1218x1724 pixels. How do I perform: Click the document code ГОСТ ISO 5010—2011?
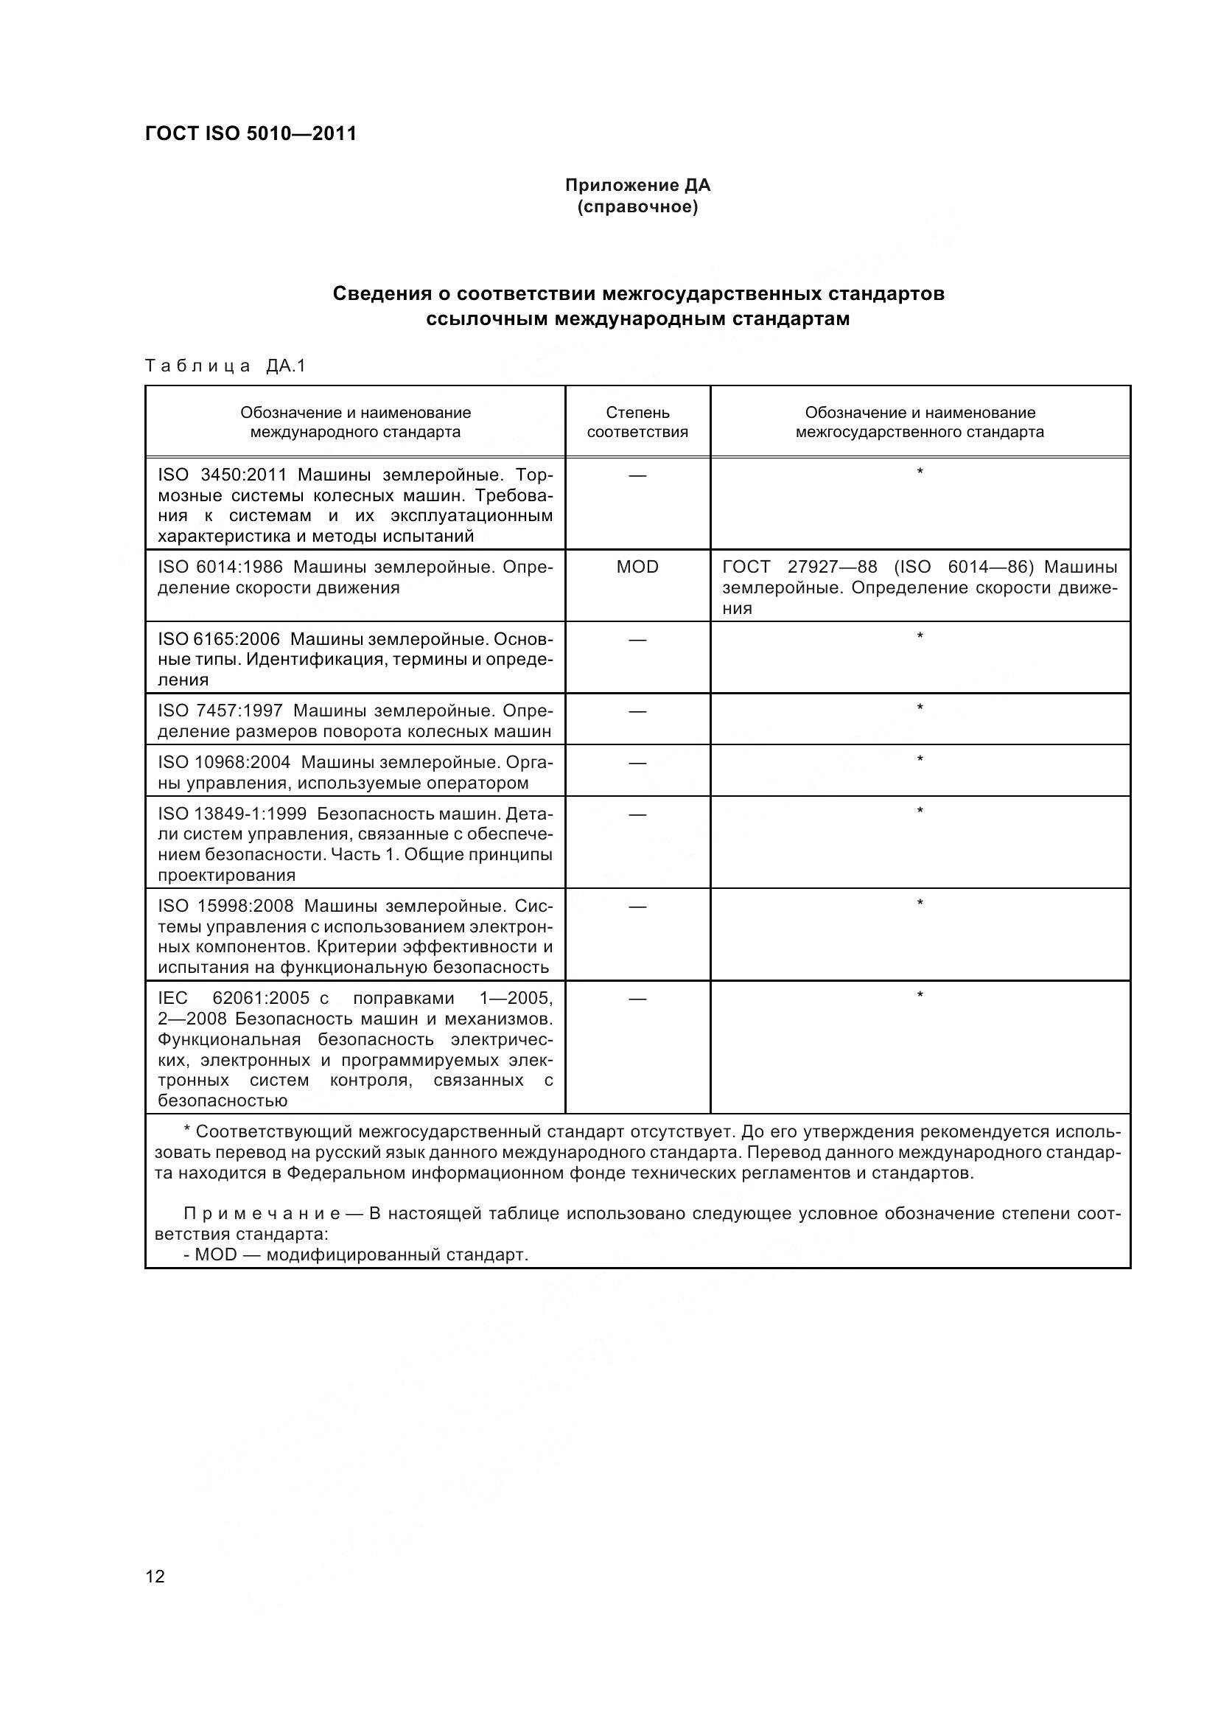251,134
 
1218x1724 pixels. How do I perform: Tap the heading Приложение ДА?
637,185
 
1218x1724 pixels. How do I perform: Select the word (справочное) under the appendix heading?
637,207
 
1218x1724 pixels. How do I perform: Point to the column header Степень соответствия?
637,422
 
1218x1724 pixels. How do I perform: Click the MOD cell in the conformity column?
637,567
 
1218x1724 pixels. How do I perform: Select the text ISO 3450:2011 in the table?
223,475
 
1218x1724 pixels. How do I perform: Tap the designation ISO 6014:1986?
220,567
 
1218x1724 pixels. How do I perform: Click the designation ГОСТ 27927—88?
799,567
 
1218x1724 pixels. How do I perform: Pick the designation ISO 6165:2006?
218,639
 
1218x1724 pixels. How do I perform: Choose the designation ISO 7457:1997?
220,711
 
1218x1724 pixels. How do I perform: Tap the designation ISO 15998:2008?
225,907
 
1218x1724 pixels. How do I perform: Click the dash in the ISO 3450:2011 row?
637,475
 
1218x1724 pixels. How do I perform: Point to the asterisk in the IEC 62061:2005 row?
920,996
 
